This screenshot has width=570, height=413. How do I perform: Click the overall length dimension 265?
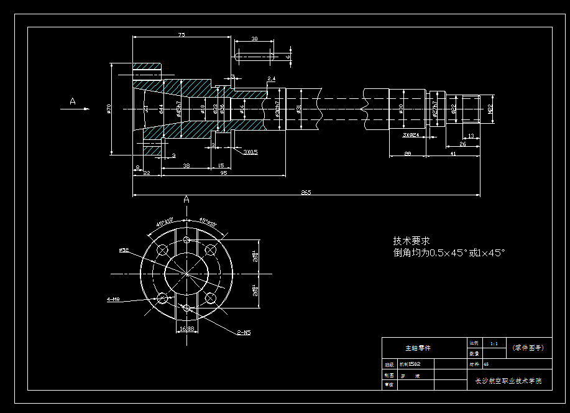[x=306, y=192]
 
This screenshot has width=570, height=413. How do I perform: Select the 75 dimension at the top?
[x=182, y=35]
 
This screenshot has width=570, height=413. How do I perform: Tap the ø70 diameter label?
[x=109, y=109]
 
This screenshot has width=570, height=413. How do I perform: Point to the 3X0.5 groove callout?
[x=251, y=152]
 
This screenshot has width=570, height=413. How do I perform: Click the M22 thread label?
[x=490, y=109]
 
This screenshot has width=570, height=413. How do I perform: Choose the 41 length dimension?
[x=453, y=153]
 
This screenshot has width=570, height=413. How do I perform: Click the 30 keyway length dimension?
[x=254, y=39]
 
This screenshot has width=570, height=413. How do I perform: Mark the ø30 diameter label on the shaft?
[x=402, y=108]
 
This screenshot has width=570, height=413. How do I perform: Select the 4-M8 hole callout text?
[x=113, y=299]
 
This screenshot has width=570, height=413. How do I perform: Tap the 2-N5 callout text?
[x=243, y=333]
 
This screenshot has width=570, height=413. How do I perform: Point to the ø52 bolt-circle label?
[x=124, y=250]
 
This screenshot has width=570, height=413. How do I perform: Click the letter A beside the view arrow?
[x=73, y=101]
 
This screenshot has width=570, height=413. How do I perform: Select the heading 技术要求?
[x=411, y=241]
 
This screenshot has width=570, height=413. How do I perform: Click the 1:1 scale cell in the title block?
[x=494, y=343]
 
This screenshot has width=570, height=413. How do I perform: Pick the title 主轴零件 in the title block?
[x=418, y=348]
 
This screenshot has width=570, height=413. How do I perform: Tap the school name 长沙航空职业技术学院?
[x=508, y=381]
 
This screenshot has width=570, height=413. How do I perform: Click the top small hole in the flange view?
[x=186, y=239]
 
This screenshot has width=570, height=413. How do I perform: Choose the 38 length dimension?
[x=186, y=165]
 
